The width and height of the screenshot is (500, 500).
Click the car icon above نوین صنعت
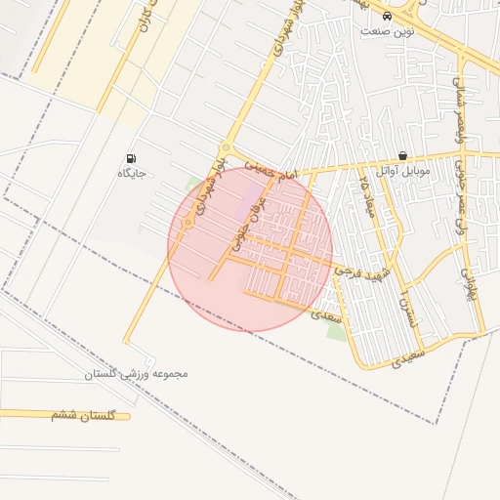pos(388,17)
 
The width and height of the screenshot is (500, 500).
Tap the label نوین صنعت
pos(388,31)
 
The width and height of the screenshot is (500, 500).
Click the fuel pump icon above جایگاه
pos(132,158)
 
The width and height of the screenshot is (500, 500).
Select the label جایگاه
pos(132,173)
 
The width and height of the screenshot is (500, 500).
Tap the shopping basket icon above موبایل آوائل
pos(402,156)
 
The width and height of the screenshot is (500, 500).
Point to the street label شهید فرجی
pos(363,270)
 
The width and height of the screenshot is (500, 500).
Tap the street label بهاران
pos(469,281)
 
